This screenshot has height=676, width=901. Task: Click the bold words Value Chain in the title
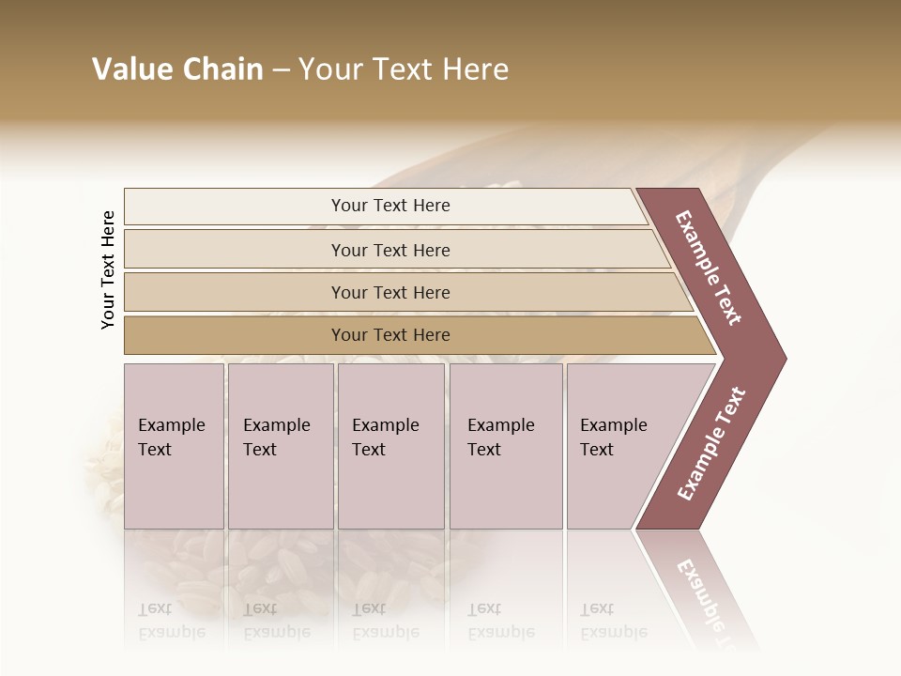(177, 69)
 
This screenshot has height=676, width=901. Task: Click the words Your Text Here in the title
(404, 69)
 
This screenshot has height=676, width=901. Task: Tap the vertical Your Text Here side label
(108, 269)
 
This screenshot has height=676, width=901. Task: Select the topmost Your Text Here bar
(390, 206)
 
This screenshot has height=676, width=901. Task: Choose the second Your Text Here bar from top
(390, 250)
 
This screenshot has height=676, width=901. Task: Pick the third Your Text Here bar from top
(390, 292)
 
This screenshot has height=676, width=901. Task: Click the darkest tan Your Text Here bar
(390, 335)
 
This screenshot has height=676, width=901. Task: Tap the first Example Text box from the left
(174, 445)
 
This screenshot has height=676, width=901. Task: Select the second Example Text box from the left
(281, 445)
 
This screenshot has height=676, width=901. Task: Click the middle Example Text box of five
(390, 445)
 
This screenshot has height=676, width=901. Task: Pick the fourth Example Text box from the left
(506, 445)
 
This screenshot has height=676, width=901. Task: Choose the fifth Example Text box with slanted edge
(619, 445)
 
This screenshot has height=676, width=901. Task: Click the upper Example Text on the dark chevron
(709, 269)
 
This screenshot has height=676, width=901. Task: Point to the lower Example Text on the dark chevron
(711, 443)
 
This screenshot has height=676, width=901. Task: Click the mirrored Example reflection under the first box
(171, 632)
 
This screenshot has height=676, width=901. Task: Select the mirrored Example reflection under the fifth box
(613, 632)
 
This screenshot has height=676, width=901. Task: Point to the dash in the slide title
(281, 70)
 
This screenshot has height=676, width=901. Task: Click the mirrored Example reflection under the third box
(385, 632)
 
